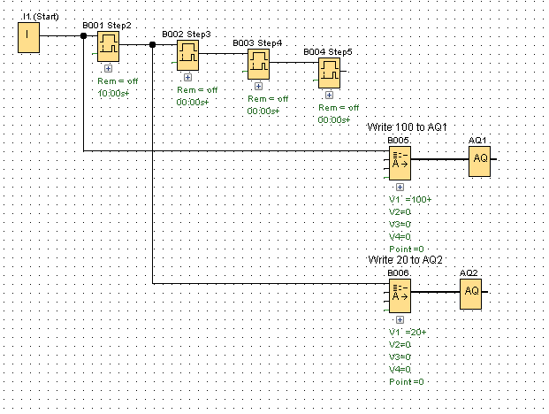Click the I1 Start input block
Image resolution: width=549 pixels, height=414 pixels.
coord(30,37)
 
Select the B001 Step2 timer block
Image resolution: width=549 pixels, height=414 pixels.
coord(109,46)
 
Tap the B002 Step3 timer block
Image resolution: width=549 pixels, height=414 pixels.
coord(187,56)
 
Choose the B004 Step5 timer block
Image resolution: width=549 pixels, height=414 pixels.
coord(329,73)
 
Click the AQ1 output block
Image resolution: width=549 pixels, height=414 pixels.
coord(479,158)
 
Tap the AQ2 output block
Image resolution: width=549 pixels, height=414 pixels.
coord(470,291)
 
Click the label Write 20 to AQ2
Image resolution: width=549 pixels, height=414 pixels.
coord(405,260)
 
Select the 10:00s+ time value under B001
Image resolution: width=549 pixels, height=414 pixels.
coord(114,93)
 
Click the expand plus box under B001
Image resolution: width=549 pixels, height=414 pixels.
coord(108,68)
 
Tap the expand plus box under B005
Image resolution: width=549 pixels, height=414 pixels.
coord(400,188)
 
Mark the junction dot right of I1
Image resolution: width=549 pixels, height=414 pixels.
coord(83,36)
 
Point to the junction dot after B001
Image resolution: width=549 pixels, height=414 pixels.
coord(153,44)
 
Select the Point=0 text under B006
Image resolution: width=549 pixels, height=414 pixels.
coord(406,381)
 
